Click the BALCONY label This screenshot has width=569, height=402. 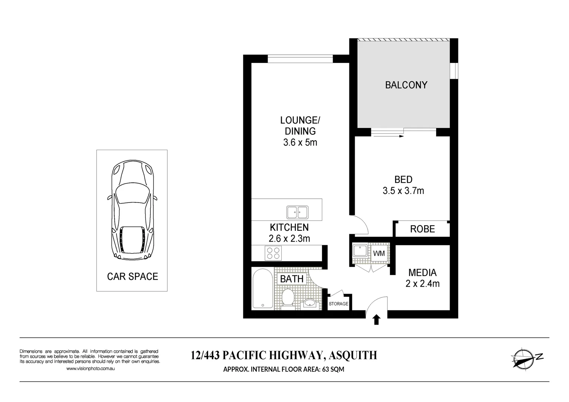coord(406,85)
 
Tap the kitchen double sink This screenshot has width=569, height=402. coord(297,212)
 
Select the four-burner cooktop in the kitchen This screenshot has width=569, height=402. coord(273,253)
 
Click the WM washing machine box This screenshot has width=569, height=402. coord(379,253)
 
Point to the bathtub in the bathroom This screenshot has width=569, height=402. coord(263,288)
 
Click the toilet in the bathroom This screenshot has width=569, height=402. coord(288,298)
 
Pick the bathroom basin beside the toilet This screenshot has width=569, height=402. coord(310,303)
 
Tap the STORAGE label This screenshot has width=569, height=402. coord(338,304)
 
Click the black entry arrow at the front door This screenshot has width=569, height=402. coord(377,320)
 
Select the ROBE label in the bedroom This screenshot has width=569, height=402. coord(422,229)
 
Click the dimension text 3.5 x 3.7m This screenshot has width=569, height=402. coord(403,191)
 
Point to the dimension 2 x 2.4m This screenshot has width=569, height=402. coord(422,284)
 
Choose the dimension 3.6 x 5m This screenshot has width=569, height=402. coord(300,142)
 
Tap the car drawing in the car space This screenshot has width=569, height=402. coord(132,210)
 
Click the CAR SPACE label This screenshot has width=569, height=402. coord(132,277)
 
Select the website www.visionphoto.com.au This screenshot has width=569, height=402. coord(90,368)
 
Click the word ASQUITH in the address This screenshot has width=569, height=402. coord(353,355)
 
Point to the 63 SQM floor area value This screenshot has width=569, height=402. coord(333,369)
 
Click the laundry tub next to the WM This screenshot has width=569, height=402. coord(360,251)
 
